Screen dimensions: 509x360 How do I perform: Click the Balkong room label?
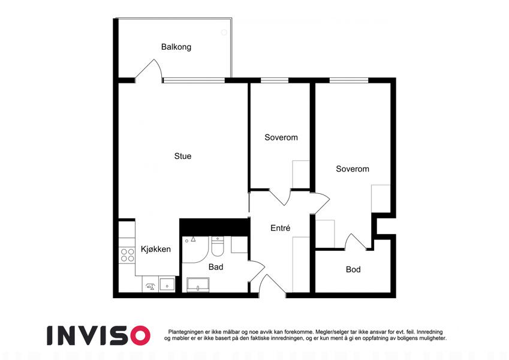click(176, 47)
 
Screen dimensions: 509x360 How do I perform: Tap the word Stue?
click(183, 156)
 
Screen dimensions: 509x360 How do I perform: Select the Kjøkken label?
click(155, 249)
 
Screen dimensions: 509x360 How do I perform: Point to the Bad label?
click(216, 267)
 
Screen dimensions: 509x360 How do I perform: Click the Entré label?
click(280, 228)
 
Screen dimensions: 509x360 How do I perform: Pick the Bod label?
click(353, 269)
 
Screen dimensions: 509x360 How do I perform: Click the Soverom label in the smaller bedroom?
click(281, 137)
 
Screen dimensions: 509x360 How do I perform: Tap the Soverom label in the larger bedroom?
click(353, 169)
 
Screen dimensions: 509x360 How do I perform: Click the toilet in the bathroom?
click(218, 247)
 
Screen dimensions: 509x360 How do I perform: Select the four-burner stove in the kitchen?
click(127, 255)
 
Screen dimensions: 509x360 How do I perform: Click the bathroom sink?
click(198, 285)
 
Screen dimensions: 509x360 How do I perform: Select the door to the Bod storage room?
click(356, 241)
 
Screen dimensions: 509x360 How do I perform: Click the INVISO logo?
click(99, 335)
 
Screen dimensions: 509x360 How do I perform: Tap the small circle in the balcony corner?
click(224, 32)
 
